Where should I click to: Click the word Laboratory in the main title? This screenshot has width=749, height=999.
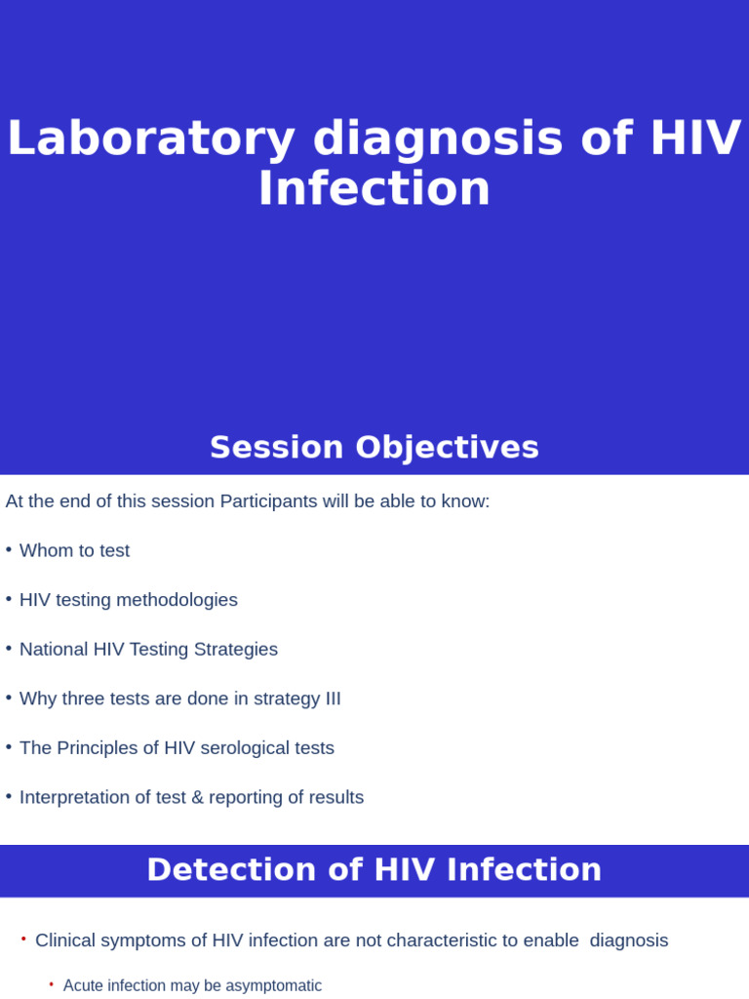[x=150, y=139]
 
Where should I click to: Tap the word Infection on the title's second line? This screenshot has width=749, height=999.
[x=374, y=189]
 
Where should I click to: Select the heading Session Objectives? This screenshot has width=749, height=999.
[x=374, y=448]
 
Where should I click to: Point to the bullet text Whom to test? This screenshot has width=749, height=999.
[x=74, y=551]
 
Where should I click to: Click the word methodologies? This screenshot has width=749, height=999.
[x=177, y=600]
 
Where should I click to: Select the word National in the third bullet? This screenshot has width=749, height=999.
[x=54, y=650]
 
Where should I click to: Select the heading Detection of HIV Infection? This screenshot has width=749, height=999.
[x=374, y=870]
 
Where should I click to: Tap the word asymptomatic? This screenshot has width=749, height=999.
[x=275, y=986]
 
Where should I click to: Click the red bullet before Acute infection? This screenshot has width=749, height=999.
[x=52, y=985]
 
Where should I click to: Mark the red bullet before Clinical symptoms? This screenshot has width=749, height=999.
[x=23, y=939]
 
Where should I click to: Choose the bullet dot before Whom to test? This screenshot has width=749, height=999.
[x=9, y=550]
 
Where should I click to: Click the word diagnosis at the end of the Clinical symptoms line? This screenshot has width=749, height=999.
[x=629, y=940]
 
